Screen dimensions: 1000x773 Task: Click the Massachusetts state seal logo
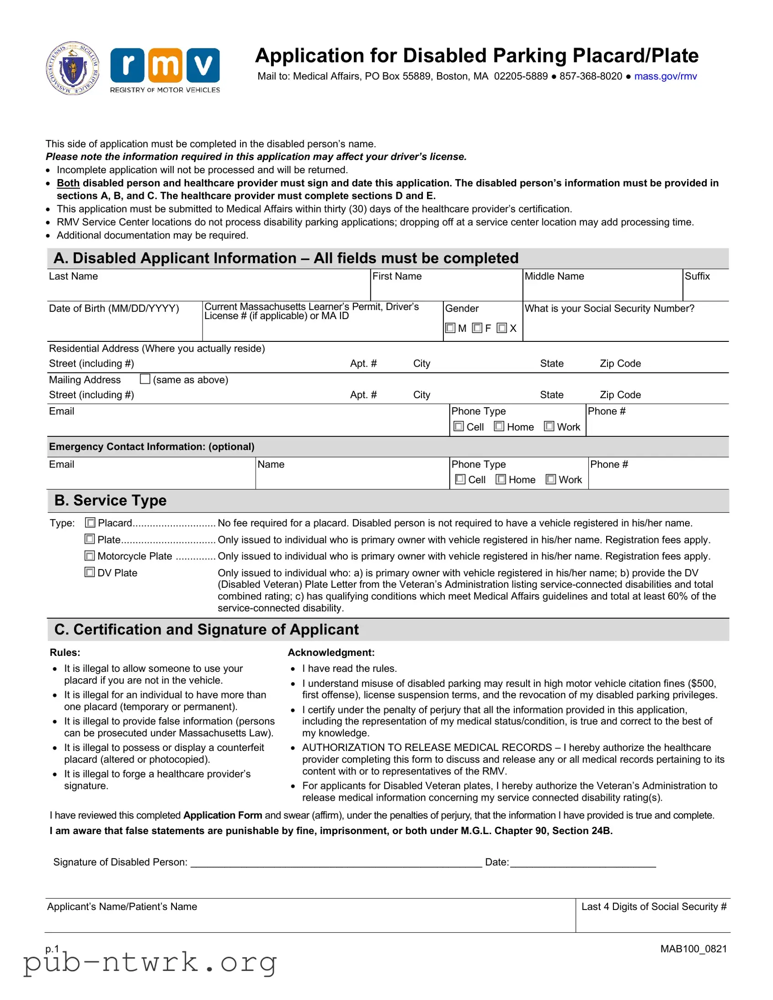[73, 68]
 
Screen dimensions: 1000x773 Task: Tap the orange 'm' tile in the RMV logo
[165, 65]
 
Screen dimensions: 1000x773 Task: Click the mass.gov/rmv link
[665, 76]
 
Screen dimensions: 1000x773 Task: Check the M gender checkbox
[450, 328]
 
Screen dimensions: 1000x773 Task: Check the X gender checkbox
[502, 328]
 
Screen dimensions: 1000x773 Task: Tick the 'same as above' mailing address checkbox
[145, 379]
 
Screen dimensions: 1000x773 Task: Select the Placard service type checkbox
[91, 522]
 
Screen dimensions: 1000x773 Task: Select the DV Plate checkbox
[90, 572]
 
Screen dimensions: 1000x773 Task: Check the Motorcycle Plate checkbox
[90, 556]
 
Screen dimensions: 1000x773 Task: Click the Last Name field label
[73, 276]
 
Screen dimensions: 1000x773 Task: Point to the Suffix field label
[697, 276]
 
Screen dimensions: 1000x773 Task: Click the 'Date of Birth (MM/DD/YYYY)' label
[113, 308]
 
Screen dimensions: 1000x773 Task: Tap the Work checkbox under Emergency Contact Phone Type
[551, 479]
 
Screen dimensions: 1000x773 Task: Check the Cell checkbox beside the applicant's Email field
[458, 426]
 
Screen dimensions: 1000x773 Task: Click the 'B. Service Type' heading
[110, 500]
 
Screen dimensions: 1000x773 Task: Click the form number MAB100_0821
[693, 949]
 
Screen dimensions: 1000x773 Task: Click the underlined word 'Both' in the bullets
[68, 183]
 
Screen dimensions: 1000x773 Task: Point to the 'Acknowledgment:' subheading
[331, 653]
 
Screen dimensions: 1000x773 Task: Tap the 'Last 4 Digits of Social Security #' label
[654, 907]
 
